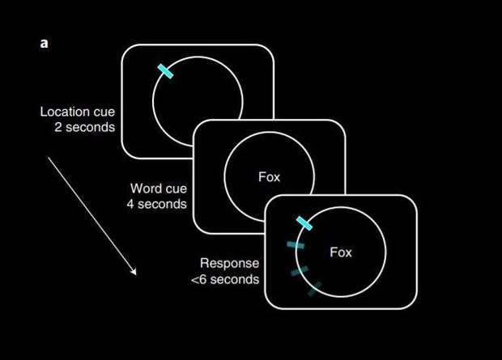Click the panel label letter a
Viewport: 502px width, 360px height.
44,43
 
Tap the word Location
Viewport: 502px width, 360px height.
65,112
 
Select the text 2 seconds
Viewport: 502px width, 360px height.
85,128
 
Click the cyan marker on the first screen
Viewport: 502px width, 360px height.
165,71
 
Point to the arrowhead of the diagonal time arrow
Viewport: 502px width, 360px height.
135,273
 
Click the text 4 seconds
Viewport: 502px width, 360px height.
156,204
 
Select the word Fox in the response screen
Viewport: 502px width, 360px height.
341,252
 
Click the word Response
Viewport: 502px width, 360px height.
229,264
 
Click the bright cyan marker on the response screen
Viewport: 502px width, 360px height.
304,223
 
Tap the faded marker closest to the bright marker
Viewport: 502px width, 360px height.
296,244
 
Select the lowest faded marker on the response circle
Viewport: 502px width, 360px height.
313,287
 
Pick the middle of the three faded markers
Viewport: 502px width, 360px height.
300,272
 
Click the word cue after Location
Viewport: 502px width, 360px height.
104,112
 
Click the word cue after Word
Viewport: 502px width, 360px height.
174,188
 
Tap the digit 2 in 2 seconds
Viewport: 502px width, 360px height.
58,128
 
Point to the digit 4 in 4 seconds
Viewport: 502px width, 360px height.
130,204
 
